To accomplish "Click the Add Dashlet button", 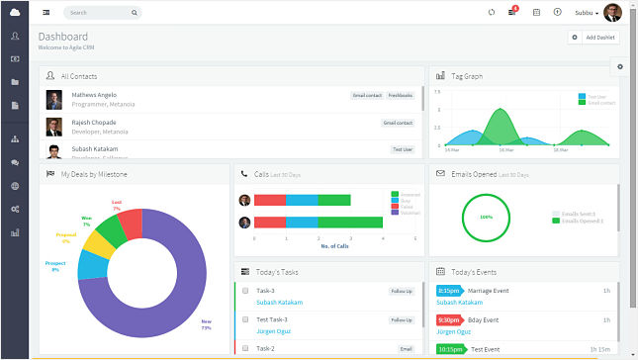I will pos(594,37).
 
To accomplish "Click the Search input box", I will pos(103,13).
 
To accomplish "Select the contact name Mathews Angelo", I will pos(94,95).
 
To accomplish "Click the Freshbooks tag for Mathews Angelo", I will pos(401,96).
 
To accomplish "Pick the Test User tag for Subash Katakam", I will pos(402,149).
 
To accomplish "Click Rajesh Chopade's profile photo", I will pos(53,127).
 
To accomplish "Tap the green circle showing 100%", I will pos(486,216).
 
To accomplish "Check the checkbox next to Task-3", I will pos(244,292).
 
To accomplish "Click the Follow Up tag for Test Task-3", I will pos(401,319).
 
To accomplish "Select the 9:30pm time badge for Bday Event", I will pos(448,320).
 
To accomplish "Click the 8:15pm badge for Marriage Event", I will pos(448,291).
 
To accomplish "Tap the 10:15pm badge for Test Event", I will pos(450,349).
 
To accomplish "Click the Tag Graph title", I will pos(467,75).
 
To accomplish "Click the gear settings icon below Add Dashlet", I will pos(620,66).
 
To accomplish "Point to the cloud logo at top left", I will pos(15,12).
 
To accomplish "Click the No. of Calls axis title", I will pos(333,245).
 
